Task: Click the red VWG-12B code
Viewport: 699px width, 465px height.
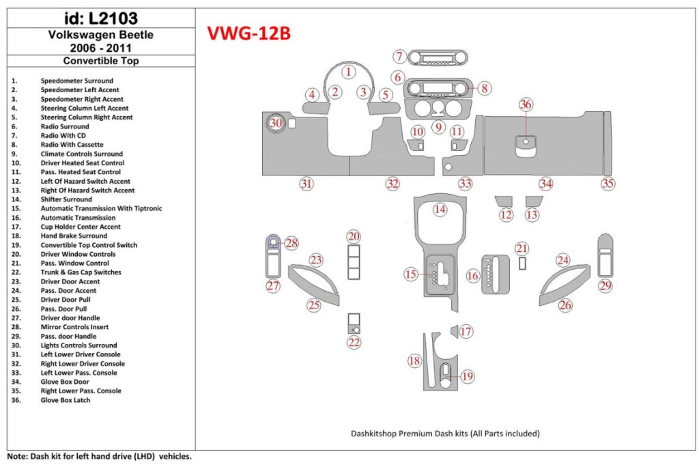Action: (248, 33)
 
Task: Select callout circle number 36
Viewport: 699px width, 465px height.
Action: (526, 104)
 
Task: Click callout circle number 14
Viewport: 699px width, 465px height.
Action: (440, 210)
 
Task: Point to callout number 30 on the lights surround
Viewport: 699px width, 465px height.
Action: (275, 123)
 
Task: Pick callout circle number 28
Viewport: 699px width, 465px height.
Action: (291, 243)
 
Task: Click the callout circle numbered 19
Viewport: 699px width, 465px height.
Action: (467, 376)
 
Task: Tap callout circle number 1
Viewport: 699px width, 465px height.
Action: (349, 72)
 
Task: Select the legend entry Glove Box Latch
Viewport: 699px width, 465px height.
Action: (66, 400)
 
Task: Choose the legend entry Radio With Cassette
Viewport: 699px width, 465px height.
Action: (72, 145)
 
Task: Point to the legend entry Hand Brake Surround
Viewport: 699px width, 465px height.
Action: (74, 236)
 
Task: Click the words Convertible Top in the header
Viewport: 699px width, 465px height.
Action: (101, 60)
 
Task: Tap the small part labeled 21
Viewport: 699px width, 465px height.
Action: (522, 264)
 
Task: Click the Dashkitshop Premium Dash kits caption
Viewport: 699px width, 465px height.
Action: (445, 433)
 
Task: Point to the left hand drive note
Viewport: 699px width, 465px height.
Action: (99, 455)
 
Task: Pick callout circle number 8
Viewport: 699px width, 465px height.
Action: (483, 88)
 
